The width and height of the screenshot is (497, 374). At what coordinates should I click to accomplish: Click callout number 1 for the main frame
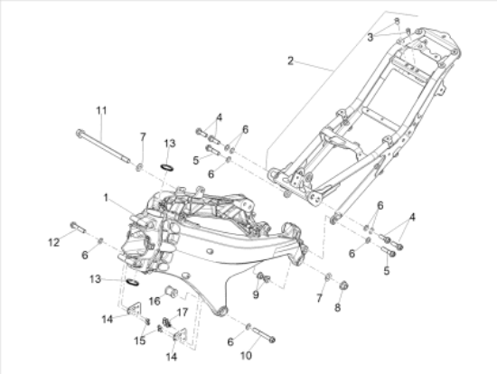(106, 198)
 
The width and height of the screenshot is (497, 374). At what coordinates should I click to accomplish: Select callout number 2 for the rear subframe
(290, 61)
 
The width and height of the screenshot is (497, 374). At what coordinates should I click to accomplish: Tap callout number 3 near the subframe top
(370, 37)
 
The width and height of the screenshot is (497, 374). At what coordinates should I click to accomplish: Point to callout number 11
(101, 110)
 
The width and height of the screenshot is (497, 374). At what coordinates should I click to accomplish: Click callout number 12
(54, 242)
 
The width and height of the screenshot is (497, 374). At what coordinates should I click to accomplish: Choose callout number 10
(246, 356)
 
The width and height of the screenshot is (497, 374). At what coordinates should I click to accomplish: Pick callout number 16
(155, 301)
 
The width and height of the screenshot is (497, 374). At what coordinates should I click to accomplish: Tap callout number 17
(183, 313)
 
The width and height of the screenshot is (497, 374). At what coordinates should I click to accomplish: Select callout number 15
(139, 341)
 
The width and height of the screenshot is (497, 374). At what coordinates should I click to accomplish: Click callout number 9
(256, 295)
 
